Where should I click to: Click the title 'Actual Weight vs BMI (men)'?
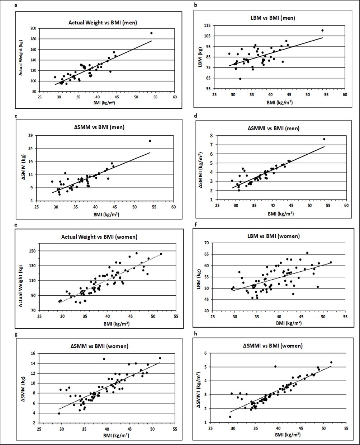click(x=103, y=23)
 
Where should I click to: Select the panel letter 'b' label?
click(x=195, y=5)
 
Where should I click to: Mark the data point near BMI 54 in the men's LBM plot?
click(x=322, y=31)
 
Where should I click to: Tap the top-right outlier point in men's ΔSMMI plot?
click(x=324, y=139)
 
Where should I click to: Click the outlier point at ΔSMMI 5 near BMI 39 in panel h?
click(x=275, y=366)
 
